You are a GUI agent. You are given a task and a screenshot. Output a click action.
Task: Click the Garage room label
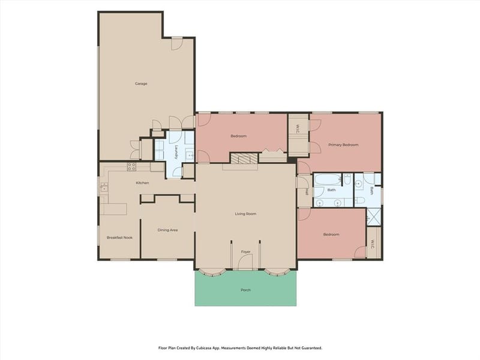point(141,83)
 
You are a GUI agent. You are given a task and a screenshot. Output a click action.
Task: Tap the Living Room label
point(245,214)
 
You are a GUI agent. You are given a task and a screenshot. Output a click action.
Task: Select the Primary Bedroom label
point(343,145)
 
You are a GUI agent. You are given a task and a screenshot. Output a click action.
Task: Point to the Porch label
point(245,290)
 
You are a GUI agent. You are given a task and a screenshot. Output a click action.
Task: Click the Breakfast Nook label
point(119,238)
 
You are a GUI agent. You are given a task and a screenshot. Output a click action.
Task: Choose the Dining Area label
point(167,230)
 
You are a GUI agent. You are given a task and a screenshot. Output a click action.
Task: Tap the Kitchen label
point(142,183)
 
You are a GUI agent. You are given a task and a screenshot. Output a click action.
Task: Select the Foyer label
point(245,251)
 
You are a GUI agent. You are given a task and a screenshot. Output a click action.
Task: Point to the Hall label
point(306,192)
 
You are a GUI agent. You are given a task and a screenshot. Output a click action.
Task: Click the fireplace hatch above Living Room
point(244,158)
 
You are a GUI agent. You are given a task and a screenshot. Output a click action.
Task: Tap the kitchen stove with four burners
point(131,167)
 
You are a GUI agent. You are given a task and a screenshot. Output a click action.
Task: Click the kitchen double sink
point(104,187)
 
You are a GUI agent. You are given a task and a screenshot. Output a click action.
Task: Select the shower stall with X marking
point(374,217)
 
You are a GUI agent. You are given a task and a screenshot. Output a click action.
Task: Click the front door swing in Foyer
point(245,262)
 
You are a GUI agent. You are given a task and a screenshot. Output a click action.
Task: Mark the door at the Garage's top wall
point(177,43)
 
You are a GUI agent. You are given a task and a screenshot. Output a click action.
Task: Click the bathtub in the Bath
point(328,179)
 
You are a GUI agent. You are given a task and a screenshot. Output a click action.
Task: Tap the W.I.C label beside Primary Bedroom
point(297,129)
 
